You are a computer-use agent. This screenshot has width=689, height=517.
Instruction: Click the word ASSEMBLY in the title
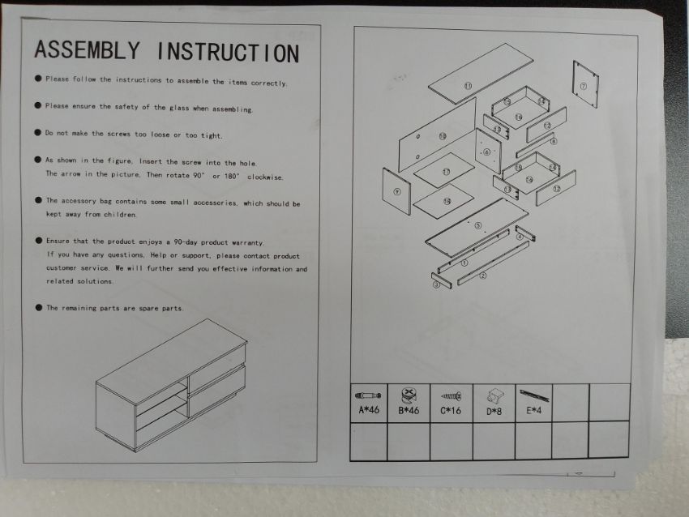[88, 49]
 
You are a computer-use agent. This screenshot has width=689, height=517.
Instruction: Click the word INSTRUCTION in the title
[228, 53]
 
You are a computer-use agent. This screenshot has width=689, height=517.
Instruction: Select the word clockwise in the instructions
[265, 177]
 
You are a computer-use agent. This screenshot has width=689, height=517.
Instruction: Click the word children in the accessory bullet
[120, 215]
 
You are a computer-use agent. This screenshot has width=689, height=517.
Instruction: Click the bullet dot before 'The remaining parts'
[39, 307]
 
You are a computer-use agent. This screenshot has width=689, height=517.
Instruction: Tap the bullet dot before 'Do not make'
[38, 133]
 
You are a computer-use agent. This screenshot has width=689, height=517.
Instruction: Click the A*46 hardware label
[369, 410]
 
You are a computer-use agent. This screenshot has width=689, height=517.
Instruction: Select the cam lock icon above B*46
[409, 395]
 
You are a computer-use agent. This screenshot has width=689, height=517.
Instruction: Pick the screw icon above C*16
[451, 396]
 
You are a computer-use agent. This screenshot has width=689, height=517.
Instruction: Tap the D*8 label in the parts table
[494, 411]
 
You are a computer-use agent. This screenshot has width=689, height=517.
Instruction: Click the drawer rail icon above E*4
[534, 395]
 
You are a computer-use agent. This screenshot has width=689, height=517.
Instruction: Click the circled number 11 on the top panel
[468, 86]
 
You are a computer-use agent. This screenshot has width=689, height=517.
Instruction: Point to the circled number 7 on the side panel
[583, 86]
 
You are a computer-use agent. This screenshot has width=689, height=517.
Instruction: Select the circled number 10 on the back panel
[443, 136]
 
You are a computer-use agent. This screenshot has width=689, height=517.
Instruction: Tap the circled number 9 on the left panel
[397, 191]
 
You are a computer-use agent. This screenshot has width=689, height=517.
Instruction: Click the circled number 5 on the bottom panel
[478, 226]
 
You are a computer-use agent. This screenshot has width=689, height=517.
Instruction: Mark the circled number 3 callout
[437, 284]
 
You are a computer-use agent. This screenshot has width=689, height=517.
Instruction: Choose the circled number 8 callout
[554, 142]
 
